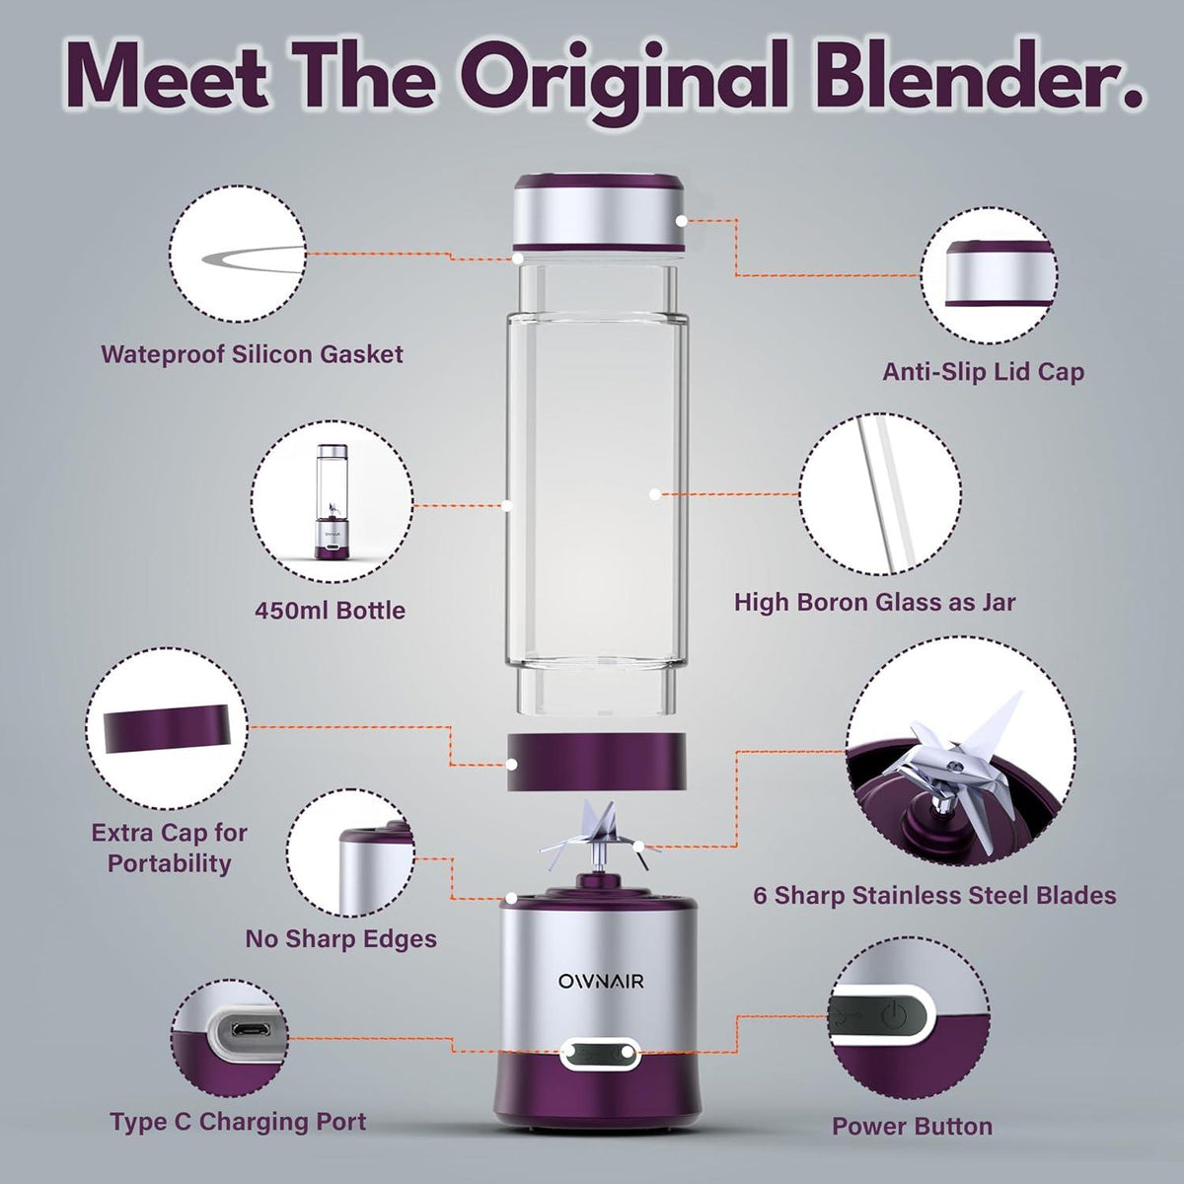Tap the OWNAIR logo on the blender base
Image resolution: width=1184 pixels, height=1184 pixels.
(x=592, y=981)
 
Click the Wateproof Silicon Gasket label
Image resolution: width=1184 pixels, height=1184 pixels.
(x=252, y=354)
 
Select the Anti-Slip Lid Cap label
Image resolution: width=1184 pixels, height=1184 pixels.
(x=983, y=372)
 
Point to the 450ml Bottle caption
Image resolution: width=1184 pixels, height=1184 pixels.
(x=330, y=610)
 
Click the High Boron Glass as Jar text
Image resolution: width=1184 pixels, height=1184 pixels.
(x=874, y=602)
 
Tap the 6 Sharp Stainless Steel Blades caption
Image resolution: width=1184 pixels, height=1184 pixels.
(x=934, y=895)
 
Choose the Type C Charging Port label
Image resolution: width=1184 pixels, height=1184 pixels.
(x=238, y=1122)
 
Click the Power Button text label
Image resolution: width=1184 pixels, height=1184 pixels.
(x=912, y=1126)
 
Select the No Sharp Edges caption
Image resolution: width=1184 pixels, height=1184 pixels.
(x=340, y=937)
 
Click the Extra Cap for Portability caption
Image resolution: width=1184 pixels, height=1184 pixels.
(x=169, y=848)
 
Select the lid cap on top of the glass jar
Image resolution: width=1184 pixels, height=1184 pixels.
(x=599, y=215)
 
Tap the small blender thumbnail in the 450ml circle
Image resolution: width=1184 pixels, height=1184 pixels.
(x=329, y=502)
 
